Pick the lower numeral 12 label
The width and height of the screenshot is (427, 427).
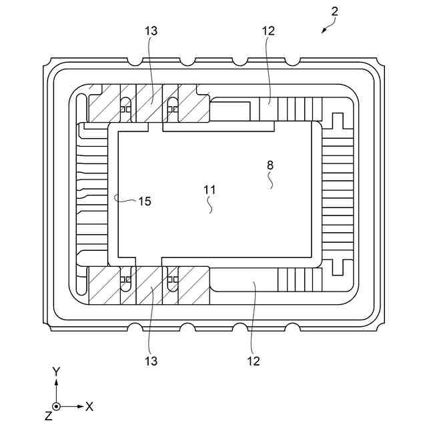click(252, 361)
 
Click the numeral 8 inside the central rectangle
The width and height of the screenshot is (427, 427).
click(270, 165)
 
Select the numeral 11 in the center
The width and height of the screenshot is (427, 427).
click(209, 189)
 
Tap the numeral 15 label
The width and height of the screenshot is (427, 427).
click(144, 201)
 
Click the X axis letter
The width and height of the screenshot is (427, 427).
click(89, 406)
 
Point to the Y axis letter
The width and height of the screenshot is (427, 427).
click(57, 371)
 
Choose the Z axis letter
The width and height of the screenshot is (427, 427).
click(48, 416)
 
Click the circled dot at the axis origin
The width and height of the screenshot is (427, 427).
click(57, 406)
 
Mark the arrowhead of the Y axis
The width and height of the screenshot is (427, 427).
click(57, 382)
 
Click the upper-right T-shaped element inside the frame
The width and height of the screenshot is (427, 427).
click(336, 121)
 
